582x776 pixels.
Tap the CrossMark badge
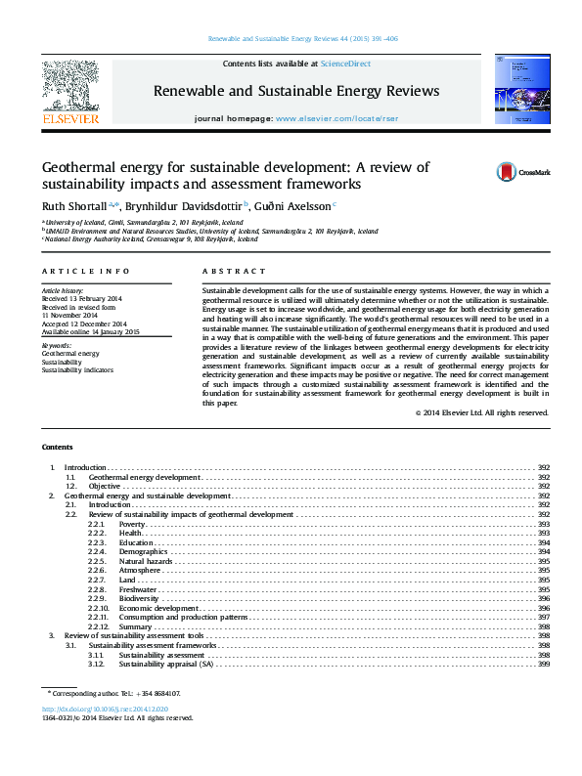523,172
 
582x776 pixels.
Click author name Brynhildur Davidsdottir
185,206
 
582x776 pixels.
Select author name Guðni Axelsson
292,206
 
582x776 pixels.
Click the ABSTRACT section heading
234,271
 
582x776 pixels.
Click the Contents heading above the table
57,447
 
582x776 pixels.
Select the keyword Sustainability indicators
76,369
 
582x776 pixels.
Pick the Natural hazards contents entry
146,562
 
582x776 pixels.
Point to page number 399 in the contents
543,665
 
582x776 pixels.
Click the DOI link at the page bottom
106,708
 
